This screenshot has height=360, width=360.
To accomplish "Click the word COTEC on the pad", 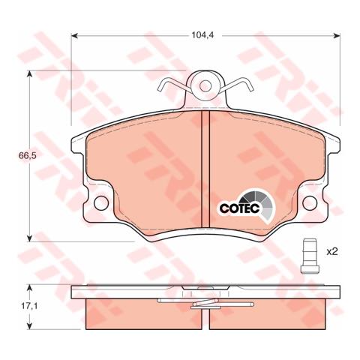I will coord(238,209).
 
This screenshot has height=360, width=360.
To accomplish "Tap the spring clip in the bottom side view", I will coord(204,303).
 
